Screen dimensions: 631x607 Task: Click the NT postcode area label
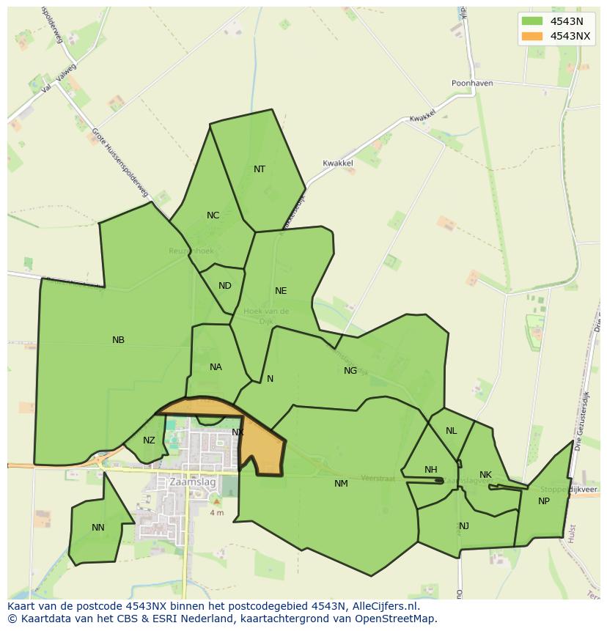pyautogui.click(x=260, y=169)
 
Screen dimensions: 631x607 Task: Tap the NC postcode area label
pyautogui.click(x=213, y=215)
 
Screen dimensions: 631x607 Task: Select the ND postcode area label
pyautogui.click(x=225, y=286)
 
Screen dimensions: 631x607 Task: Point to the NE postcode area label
pyautogui.click(x=281, y=291)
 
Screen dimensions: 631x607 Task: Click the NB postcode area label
pyautogui.click(x=118, y=340)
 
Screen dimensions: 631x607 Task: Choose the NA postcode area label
pyautogui.click(x=216, y=367)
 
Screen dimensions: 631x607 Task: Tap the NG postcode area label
pyautogui.click(x=350, y=371)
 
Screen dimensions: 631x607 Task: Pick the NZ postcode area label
pyautogui.click(x=149, y=440)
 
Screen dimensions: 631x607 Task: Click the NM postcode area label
pyautogui.click(x=341, y=484)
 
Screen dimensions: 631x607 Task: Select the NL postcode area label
pyautogui.click(x=451, y=431)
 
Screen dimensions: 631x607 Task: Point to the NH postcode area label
pyautogui.click(x=430, y=470)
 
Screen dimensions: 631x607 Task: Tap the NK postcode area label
pyautogui.click(x=485, y=475)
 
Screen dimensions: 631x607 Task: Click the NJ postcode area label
pyautogui.click(x=464, y=526)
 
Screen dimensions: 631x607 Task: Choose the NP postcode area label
pyautogui.click(x=544, y=501)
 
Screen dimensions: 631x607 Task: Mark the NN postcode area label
pyautogui.click(x=98, y=528)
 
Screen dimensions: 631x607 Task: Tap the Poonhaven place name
pyautogui.click(x=472, y=84)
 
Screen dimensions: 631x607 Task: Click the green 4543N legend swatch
pyautogui.click(x=532, y=21)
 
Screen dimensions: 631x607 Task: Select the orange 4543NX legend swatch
pyautogui.click(x=532, y=36)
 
